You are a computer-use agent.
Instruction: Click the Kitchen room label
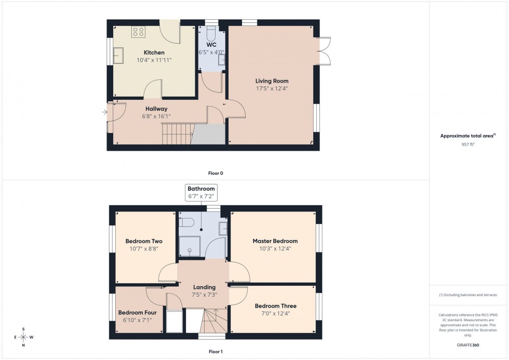pos(154,52)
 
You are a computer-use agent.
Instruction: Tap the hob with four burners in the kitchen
pos(138,33)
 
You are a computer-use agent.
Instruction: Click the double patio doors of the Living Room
pos(324,51)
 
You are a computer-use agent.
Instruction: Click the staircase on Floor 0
pos(177,135)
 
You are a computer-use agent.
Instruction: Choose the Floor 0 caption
pos(216,173)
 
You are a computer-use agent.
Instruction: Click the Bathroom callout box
pos(201,192)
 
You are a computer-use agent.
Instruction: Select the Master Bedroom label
pos(275,241)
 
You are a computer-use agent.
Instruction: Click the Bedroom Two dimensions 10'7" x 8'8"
pos(144,249)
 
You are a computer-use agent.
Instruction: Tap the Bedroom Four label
pos(137,313)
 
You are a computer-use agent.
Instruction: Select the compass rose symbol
pos(23,337)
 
